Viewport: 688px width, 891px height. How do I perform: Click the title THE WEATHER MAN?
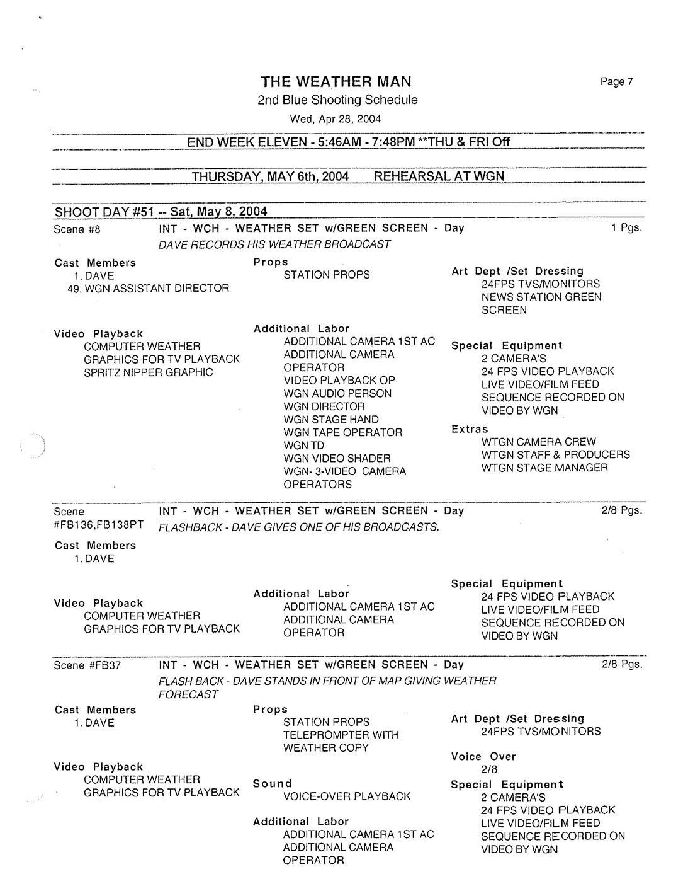pyautogui.click(x=336, y=81)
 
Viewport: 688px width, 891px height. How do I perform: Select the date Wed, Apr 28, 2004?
pyautogui.click(x=335, y=119)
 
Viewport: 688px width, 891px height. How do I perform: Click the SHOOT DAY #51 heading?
pyautogui.click(x=161, y=211)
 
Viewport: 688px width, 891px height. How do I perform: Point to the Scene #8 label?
pyautogui.click(x=77, y=229)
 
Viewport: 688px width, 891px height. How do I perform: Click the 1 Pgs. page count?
pyautogui.click(x=626, y=227)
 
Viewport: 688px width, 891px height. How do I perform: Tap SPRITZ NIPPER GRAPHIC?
pyautogui.click(x=149, y=372)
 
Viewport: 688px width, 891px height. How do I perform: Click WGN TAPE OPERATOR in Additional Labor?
pyautogui.click(x=343, y=432)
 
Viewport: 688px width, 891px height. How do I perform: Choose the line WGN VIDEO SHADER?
pyautogui.click(x=337, y=459)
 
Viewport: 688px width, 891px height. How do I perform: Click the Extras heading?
pyautogui.click(x=470, y=429)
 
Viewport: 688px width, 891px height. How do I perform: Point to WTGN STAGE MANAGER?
pyautogui.click(x=544, y=468)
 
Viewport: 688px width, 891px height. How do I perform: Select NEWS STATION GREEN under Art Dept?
pyautogui.click(x=541, y=297)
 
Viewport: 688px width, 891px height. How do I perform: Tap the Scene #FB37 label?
pyautogui.click(x=87, y=665)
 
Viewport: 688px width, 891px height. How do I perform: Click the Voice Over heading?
pyautogui.click(x=483, y=756)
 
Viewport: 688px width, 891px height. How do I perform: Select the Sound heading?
pyautogui.click(x=273, y=784)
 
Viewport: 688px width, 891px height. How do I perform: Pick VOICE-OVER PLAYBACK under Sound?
pyautogui.click(x=347, y=796)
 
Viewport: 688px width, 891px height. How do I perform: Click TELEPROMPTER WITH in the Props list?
pyautogui.click(x=341, y=735)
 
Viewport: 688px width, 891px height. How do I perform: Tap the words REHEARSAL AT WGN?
pyautogui.click(x=439, y=176)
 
